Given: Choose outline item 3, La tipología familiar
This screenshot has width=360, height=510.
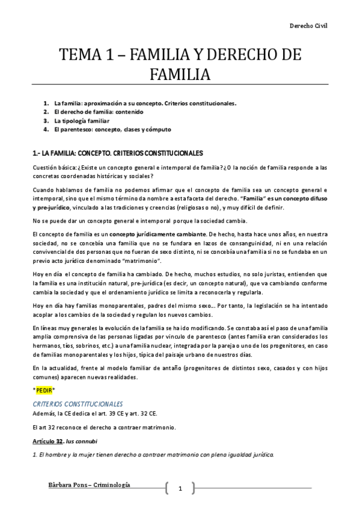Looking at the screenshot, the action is click(81, 120).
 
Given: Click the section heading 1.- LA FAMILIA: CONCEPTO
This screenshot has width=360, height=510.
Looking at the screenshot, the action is click(117, 153).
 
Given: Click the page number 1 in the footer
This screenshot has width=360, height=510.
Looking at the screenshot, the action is click(180, 488).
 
